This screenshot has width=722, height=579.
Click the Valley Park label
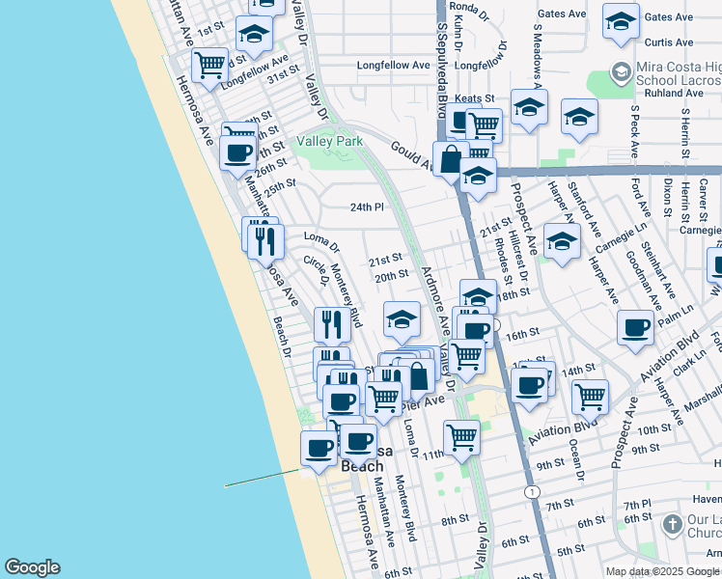click(330, 141)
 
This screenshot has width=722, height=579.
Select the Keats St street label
click(474, 98)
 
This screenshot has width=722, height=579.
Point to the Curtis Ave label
click(668, 42)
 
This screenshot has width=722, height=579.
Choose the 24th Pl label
click(367, 207)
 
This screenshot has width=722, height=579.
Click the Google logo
click(32, 567)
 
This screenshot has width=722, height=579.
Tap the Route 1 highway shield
click(532, 491)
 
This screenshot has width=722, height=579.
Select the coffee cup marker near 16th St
click(635, 327)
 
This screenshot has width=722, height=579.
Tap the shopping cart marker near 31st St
click(209, 65)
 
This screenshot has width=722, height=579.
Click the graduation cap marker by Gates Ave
click(620, 19)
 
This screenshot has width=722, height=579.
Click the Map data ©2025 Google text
click(663, 571)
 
